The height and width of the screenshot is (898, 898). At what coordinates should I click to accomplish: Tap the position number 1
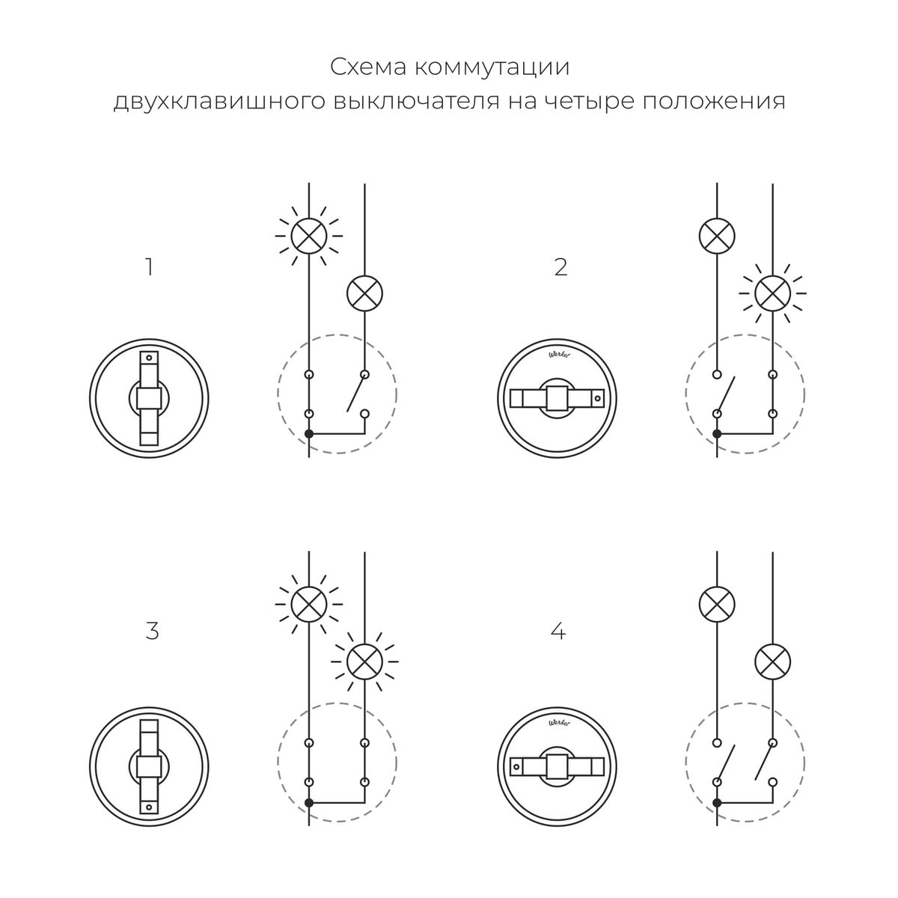(x=149, y=267)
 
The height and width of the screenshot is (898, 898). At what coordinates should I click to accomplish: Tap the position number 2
(x=561, y=267)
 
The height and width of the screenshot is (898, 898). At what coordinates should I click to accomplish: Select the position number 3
(x=152, y=631)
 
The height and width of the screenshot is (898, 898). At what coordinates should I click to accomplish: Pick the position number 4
(x=558, y=631)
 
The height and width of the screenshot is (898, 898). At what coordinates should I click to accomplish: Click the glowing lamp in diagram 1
(x=308, y=236)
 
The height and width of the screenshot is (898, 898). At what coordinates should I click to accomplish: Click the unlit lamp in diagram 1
(x=364, y=293)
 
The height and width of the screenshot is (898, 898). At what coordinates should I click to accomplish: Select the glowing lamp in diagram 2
(x=772, y=293)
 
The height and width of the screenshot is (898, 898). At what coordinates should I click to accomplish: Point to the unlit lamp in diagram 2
(x=717, y=236)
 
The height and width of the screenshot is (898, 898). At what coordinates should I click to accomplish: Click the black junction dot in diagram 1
(x=308, y=434)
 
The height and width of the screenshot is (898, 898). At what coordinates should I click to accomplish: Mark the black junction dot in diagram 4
(x=717, y=802)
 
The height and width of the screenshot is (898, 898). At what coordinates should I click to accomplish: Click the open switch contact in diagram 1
(x=356, y=396)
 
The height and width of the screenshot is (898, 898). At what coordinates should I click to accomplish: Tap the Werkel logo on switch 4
(x=558, y=724)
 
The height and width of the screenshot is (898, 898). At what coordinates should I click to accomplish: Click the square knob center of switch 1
(x=150, y=398)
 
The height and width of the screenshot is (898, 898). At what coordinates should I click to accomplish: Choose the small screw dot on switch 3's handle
(x=150, y=807)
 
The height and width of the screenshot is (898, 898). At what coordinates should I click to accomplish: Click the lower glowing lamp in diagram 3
(x=364, y=660)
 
